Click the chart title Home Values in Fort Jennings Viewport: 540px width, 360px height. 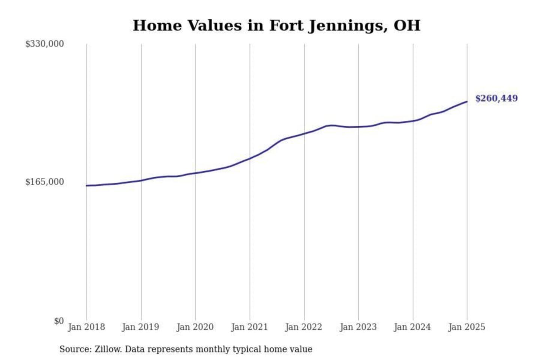point(276,25)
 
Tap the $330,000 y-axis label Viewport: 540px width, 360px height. point(44,44)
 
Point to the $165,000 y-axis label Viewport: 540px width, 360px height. point(44,182)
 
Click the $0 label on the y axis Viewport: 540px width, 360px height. point(59,321)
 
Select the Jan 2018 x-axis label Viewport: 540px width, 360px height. point(86,327)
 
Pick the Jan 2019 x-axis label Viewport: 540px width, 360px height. point(141,327)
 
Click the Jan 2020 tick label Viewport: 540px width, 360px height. point(195,327)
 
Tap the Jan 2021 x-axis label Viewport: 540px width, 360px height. point(249,327)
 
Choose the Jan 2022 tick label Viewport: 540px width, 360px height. point(304,327)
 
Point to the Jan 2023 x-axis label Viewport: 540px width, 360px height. point(358,327)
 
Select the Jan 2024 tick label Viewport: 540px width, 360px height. point(412,327)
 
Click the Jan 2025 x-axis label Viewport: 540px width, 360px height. point(467,327)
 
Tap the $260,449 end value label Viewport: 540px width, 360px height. point(496,98)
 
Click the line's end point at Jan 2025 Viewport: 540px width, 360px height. point(467,102)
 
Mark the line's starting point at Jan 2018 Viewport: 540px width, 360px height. point(87,186)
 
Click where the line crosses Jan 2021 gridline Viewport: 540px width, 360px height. point(250,159)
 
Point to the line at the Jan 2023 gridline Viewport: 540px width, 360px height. point(358,127)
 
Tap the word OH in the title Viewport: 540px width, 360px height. point(407,25)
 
